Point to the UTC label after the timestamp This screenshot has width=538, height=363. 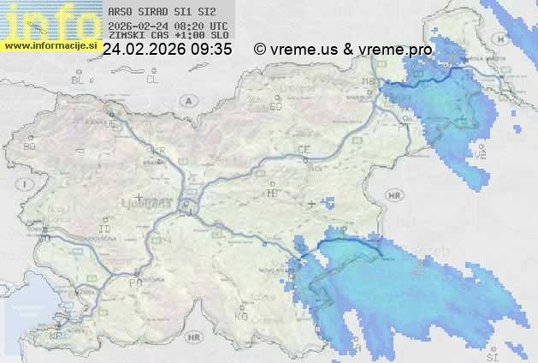pyautogui.click(x=218, y=26)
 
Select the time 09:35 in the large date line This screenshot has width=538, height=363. pyautogui.click(x=211, y=50)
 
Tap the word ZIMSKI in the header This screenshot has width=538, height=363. pyautogui.click(x=127, y=36)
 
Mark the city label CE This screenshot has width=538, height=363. pyautogui.click(x=303, y=150)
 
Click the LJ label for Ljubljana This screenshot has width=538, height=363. pyautogui.click(x=186, y=210)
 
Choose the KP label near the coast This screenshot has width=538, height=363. pyautogui.click(x=56, y=336)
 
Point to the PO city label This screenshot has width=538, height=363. pyautogui.click(x=134, y=283)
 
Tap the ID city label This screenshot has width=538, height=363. pyautogui.click(x=105, y=229)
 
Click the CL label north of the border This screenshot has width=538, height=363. pyautogui.click(x=153, y=80)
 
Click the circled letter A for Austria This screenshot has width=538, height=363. pyautogui.click(x=187, y=100)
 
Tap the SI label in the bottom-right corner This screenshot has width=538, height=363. pyautogui.click(x=490, y=354)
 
